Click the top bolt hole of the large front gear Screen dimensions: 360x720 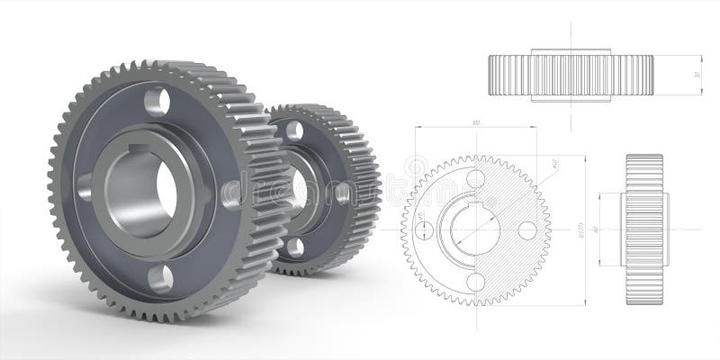tap(156, 100)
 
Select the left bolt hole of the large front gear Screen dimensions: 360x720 tap(86, 187)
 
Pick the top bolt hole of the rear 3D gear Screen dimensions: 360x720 tap(293, 130)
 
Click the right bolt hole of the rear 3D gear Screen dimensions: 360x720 tap(343, 192)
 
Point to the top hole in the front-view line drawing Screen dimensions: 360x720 tap(475, 178)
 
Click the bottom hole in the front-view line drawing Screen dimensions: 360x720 tap(475, 282)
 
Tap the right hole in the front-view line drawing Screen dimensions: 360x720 tap(527, 229)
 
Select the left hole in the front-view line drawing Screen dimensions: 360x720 tap(424, 229)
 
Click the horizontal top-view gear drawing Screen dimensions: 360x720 tap(571, 75)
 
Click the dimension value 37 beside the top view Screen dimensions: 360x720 tap(697, 75)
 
